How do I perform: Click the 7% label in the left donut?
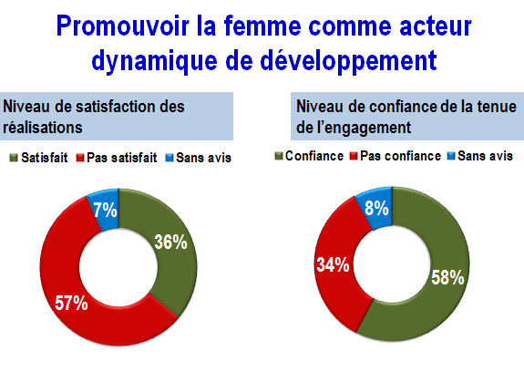[x=105, y=211]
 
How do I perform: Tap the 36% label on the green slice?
[x=170, y=242]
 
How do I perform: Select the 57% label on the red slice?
[x=71, y=303]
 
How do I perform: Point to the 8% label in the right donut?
[x=376, y=208]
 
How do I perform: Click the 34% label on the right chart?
[x=333, y=264]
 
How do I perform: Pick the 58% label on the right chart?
[x=447, y=277]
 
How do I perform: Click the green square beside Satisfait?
[x=14, y=158]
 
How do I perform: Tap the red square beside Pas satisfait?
[x=80, y=158]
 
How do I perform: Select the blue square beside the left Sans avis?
[x=170, y=158]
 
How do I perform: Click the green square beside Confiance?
[x=279, y=156]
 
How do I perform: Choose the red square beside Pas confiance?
[x=354, y=156]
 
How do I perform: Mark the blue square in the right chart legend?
[x=451, y=156]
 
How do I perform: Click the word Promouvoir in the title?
[x=123, y=26]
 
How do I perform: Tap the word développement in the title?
[x=348, y=61]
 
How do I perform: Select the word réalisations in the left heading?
[x=43, y=128]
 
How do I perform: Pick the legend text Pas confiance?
[x=400, y=156]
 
